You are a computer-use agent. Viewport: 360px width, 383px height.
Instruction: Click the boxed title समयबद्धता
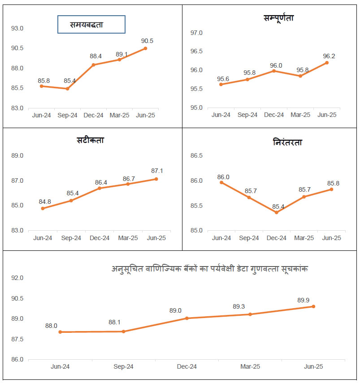pos(91,25)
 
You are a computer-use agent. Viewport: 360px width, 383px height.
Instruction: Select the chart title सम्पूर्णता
pos(278,18)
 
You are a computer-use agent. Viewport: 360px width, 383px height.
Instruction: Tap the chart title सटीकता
pos(90,140)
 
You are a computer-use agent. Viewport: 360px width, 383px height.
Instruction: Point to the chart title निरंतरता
pos(287,142)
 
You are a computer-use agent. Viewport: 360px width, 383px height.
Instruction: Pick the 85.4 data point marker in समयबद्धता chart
pos(67,89)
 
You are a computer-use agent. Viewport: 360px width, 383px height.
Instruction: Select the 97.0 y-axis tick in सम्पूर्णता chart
pos(197,33)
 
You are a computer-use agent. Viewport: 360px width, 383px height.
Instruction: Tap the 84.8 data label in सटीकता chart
pos(45,202)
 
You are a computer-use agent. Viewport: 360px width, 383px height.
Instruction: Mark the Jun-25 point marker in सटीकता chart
pos(156,179)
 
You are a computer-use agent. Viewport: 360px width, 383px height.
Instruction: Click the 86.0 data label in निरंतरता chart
pos(223,177)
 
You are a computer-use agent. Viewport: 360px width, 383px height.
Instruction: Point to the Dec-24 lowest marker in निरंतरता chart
pos(276,212)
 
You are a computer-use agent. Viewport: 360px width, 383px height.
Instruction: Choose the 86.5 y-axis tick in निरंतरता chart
pos(197,156)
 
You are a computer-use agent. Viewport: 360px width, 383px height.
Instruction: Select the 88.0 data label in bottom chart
pos(51,326)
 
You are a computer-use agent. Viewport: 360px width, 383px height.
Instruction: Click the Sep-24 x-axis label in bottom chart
pos(123,366)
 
